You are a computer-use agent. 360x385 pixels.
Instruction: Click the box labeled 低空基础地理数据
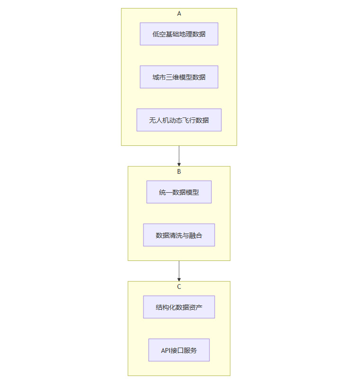pos(179,34)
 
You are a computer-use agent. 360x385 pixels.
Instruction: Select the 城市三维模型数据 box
pos(179,77)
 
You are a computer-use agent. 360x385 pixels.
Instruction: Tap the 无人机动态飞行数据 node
pos(179,120)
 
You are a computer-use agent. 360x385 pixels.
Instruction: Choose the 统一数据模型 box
pos(179,192)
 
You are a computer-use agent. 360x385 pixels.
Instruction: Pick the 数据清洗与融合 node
pos(179,235)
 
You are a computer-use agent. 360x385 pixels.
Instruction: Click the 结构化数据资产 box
pos(179,307)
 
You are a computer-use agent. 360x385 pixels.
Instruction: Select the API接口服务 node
pos(179,350)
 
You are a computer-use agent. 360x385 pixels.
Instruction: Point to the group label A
pos(179,14)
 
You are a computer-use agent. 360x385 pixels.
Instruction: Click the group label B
pos(179,172)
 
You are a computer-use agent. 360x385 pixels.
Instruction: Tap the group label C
pos(179,287)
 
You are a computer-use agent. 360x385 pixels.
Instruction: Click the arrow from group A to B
pos(179,154)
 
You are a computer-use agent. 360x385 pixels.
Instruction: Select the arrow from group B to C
pos(179,270)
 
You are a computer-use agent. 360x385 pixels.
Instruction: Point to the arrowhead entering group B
pos(179,164)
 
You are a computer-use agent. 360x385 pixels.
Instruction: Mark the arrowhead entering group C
pos(179,279)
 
